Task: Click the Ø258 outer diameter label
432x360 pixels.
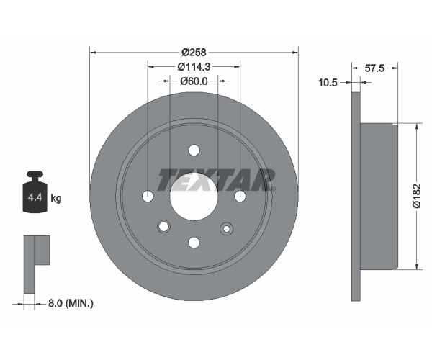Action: tap(194, 52)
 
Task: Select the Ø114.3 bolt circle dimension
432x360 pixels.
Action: tap(194, 66)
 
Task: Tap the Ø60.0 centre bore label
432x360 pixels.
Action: tap(194, 81)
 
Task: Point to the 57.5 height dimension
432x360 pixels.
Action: tap(374, 68)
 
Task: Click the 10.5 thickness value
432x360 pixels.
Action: tap(328, 82)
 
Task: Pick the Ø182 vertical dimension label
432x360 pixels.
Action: tap(417, 196)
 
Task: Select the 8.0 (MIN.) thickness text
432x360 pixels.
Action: tap(71, 304)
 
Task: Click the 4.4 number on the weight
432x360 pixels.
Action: tap(35, 197)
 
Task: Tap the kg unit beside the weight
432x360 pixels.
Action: tap(56, 198)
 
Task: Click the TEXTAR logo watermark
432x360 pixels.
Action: tap(216, 179)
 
